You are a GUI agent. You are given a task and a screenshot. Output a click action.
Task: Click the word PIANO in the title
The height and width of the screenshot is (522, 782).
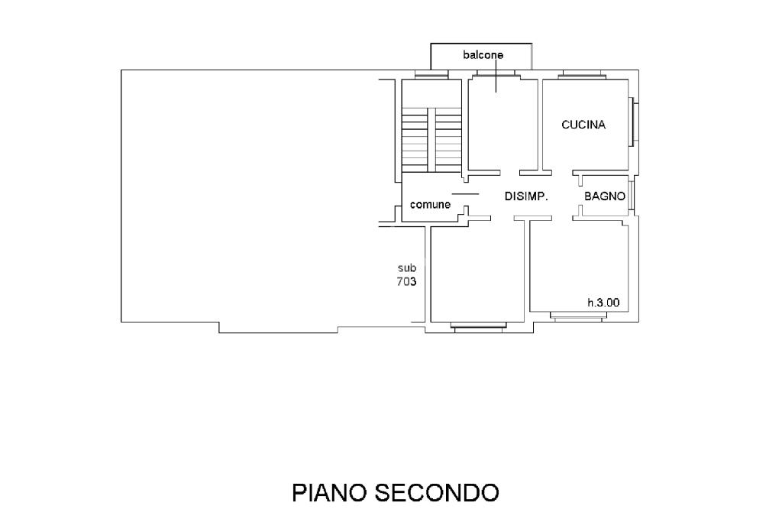[329, 493]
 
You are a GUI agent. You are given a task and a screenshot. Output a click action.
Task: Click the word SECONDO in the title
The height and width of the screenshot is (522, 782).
[436, 493]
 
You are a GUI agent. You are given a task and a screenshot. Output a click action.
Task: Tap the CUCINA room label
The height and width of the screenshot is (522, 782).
[583, 125]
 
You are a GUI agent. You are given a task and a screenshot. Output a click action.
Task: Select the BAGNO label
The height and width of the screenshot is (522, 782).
[605, 196]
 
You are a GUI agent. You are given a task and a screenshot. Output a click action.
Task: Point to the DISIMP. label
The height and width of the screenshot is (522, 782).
[526, 196]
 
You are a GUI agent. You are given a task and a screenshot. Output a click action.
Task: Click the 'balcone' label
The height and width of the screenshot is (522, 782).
[483, 55]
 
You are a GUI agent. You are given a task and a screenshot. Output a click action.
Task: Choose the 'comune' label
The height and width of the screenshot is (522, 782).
[430, 205]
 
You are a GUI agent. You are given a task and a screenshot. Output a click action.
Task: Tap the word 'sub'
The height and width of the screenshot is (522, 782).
[406, 268]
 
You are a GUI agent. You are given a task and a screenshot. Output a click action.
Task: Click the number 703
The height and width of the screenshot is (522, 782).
[406, 282]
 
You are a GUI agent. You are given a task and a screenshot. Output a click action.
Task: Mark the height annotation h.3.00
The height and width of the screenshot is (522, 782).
[603, 303]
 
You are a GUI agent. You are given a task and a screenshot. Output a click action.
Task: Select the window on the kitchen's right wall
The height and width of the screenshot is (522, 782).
[634, 122]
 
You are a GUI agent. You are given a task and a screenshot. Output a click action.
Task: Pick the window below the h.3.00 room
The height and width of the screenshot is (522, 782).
[577, 316]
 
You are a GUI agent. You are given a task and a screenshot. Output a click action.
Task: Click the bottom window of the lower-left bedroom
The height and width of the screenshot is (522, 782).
[478, 326]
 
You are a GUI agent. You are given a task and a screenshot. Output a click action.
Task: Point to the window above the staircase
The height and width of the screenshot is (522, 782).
[431, 75]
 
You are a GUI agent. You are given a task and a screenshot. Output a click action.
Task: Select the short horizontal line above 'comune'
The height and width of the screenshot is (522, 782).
[464, 194]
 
